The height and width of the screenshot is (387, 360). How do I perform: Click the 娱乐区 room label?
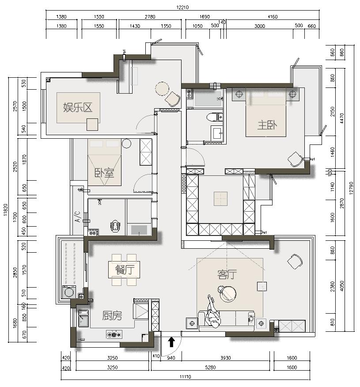[x=78, y=107]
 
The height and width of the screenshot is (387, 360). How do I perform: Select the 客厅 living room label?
[x=227, y=275]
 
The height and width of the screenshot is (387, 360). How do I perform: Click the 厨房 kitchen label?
[x=112, y=315]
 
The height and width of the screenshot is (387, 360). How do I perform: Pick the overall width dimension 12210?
[x=183, y=8]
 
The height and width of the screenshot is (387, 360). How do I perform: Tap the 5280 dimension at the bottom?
[x=210, y=367]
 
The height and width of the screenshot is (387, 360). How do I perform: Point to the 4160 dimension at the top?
[x=273, y=17]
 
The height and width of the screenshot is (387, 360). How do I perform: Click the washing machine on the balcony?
[x=69, y=292]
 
